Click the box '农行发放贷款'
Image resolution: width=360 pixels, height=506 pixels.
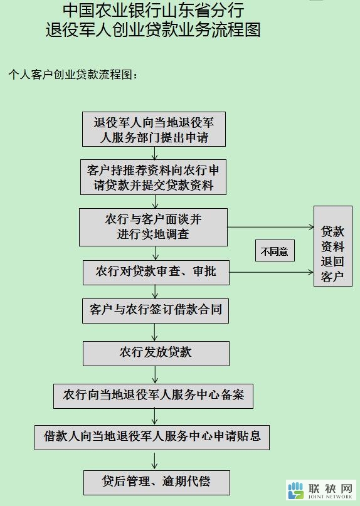(156, 354)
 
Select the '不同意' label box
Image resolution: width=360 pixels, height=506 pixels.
(275, 250)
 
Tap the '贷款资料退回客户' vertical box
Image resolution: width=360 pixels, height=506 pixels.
(333, 246)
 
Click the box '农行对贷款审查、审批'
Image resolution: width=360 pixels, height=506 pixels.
(156, 273)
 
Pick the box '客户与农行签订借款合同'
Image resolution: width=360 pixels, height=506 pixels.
(156, 311)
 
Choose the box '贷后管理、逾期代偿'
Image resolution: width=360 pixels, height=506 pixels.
(157, 482)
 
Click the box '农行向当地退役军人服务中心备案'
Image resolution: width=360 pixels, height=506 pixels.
(153, 396)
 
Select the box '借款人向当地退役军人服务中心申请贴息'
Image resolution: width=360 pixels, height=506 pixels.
(152, 437)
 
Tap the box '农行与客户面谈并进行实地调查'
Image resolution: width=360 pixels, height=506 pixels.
(153, 227)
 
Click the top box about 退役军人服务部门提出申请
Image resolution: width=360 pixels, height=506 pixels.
(154, 129)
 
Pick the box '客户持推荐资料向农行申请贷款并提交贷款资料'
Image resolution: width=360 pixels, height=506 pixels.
(153, 177)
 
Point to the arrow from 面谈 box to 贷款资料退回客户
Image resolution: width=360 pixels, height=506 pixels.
(270, 227)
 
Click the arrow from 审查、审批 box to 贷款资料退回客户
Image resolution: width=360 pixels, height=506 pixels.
(271, 272)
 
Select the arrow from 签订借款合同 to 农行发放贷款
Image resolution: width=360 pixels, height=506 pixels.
(155, 332)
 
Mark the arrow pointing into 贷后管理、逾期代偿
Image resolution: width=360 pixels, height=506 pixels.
(155, 460)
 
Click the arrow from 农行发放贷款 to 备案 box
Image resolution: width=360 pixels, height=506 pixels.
(155, 375)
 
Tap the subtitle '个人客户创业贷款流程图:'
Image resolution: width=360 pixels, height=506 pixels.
(73, 75)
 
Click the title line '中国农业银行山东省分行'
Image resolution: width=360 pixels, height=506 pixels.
(153, 10)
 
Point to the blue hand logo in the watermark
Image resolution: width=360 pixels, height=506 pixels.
(295, 490)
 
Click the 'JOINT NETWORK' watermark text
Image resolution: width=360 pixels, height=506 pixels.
(331, 497)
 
